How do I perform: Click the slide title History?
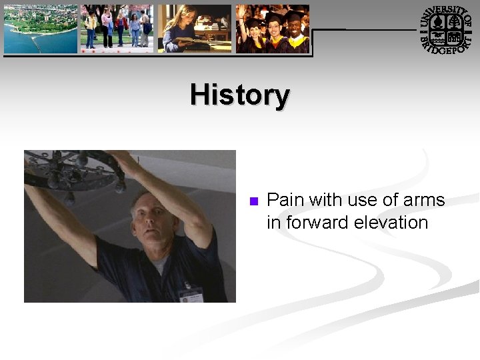click(x=239, y=95)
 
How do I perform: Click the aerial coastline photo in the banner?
click(x=40, y=29)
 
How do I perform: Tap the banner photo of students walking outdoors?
click(x=117, y=29)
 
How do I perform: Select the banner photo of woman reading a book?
click(x=194, y=29)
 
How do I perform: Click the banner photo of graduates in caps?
click(x=273, y=29)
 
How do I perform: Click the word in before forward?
click(x=273, y=223)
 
